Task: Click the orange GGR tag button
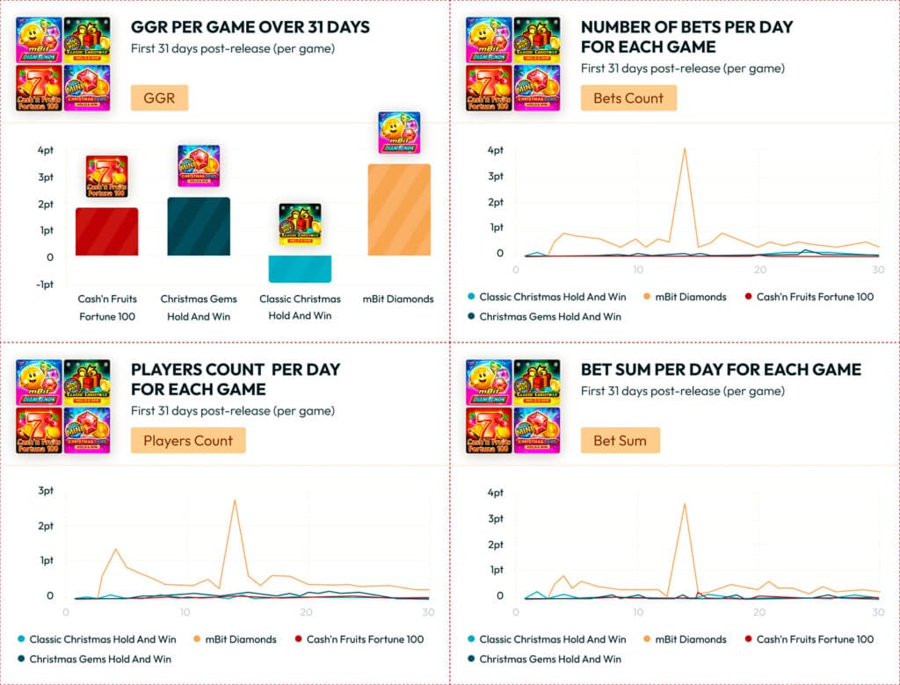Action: [160, 97]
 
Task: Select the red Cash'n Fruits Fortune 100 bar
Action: [106, 232]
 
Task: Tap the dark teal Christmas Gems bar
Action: [199, 227]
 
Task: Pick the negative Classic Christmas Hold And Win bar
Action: [300, 269]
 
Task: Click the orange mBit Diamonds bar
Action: [399, 210]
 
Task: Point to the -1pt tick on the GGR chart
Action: [44, 285]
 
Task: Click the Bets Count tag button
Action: [628, 97]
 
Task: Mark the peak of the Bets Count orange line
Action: [685, 148]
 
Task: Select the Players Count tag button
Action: [188, 440]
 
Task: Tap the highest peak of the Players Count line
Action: [235, 501]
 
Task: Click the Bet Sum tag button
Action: [620, 440]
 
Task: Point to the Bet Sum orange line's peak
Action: [685, 503]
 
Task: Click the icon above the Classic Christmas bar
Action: [300, 224]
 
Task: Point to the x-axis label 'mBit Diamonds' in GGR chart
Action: [399, 299]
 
